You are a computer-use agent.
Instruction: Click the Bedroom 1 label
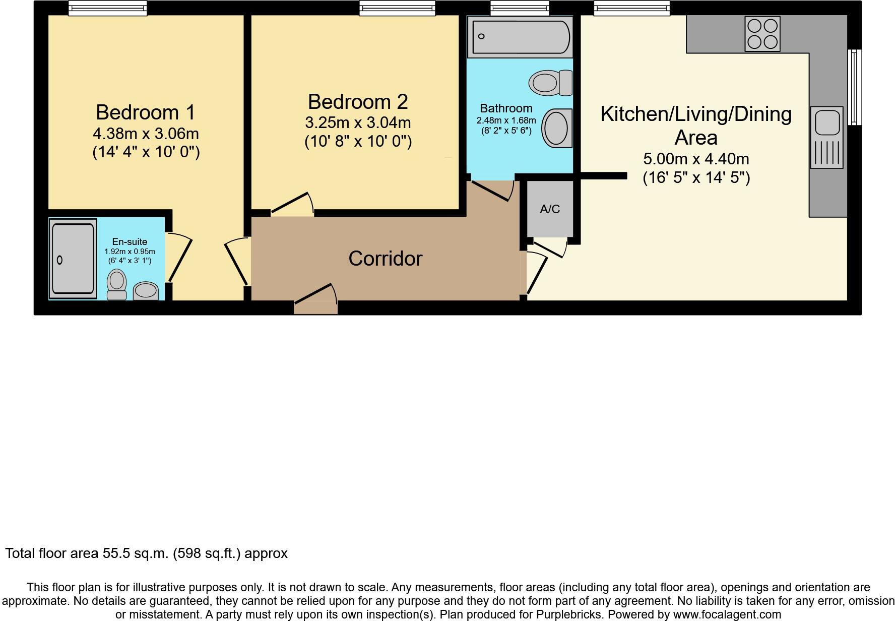(x=145, y=112)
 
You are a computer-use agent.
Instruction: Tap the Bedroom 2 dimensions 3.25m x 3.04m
(x=358, y=122)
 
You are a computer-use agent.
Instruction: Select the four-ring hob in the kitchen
(x=762, y=34)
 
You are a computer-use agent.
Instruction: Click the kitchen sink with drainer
(x=826, y=137)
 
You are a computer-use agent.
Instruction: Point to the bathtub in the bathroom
(x=520, y=37)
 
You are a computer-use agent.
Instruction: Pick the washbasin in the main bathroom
(x=557, y=128)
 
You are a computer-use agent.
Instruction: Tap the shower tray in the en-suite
(x=73, y=259)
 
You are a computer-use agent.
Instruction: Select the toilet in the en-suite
(x=117, y=285)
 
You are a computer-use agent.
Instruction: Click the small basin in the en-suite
(x=146, y=290)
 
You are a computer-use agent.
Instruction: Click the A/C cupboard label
(x=550, y=209)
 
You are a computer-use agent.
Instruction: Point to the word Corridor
(x=385, y=259)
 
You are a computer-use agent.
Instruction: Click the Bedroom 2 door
(x=292, y=204)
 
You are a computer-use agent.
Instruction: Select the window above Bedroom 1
(x=107, y=8)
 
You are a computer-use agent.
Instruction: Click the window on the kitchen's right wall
(x=854, y=87)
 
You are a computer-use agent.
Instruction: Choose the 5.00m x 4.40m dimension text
(x=696, y=159)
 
